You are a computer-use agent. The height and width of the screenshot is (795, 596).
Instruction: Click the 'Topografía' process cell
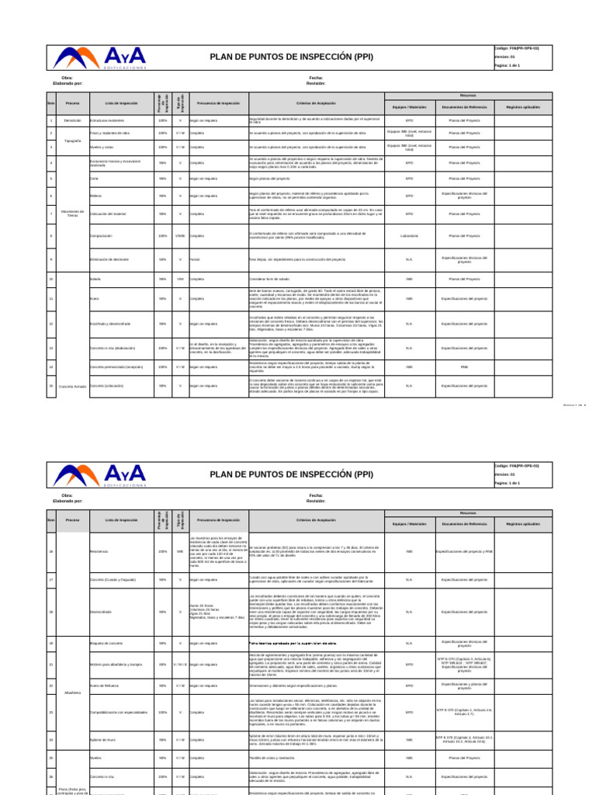pos(72,140)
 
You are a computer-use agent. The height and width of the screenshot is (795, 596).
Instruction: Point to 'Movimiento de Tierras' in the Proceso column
pos(72,214)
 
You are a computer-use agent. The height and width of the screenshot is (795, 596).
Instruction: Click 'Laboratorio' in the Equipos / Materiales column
pos(409,235)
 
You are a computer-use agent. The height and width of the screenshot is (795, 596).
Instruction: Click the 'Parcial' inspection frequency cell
pos(195,259)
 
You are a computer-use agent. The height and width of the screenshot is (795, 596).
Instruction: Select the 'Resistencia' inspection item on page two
pos(99,552)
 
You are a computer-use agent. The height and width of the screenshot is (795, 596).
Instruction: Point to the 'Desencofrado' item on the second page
pos(100,611)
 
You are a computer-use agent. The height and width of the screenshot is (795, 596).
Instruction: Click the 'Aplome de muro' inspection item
pos(102,740)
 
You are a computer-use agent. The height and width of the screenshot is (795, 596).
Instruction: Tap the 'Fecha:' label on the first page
pos(316,78)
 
